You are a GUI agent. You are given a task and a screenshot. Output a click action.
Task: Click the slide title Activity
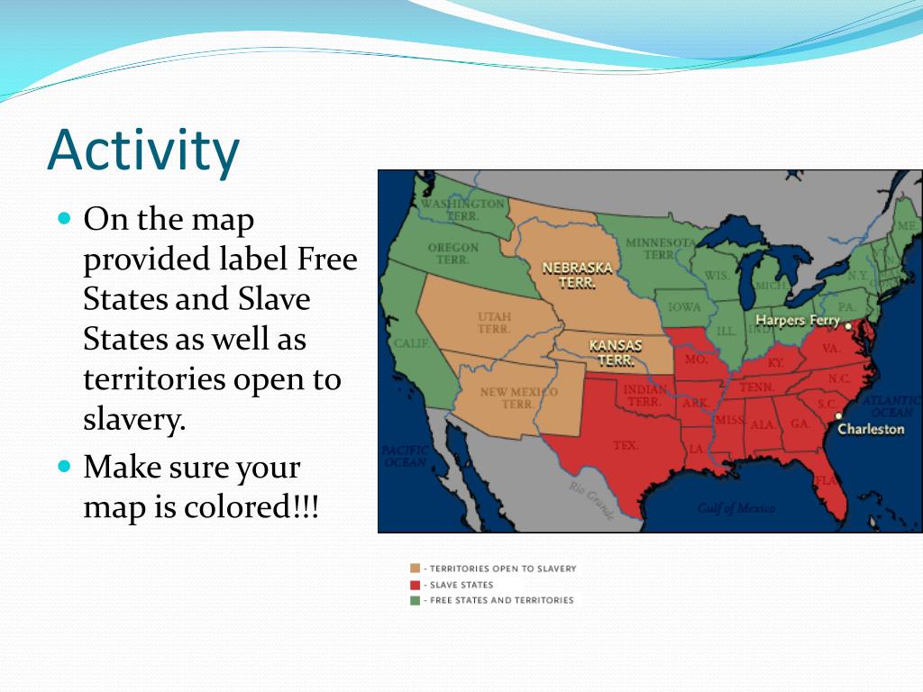[143, 150]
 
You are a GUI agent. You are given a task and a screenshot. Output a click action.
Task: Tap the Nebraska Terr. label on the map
[577, 275]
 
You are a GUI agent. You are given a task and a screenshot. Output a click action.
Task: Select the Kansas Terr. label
[616, 352]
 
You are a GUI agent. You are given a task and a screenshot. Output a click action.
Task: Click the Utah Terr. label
[494, 323]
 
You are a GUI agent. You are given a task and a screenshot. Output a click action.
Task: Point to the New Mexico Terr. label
[518, 397]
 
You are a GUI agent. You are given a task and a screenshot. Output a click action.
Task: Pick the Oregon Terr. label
[452, 253]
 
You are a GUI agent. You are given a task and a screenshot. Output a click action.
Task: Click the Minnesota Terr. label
[660, 249]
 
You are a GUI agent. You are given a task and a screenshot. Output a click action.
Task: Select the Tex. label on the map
[625, 445]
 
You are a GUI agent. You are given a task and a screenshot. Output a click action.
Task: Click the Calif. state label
[410, 344]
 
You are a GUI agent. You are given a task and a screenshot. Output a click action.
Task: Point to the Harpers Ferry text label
[797, 321]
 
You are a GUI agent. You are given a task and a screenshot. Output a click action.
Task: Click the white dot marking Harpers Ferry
[848, 326]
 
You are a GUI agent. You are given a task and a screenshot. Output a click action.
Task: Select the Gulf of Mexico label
[736, 509]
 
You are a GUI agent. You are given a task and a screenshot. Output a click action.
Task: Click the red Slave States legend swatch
[415, 585]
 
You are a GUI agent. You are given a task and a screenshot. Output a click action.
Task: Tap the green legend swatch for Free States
[415, 600]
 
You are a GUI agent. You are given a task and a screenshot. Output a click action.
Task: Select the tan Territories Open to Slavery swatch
[415, 569]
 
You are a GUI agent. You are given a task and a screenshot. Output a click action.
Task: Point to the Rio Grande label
[590, 499]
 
